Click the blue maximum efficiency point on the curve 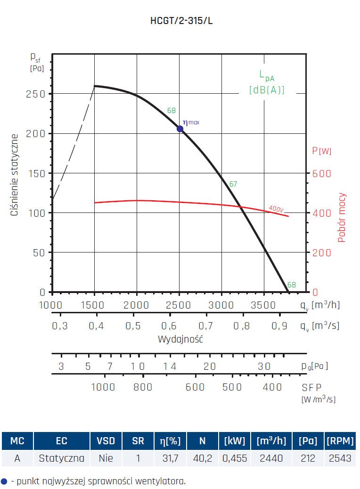click(x=180, y=129)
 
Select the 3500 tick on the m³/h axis click(x=263, y=305)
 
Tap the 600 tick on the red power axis click(x=322, y=173)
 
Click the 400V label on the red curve click(x=277, y=208)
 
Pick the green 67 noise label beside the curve click(x=233, y=184)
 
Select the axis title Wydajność click(x=180, y=339)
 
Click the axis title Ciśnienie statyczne click(x=15, y=175)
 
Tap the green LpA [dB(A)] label click(x=267, y=82)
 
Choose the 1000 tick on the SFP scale click(x=103, y=387)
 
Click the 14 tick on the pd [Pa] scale click(x=170, y=366)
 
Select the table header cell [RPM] click(x=340, y=441)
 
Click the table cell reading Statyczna click(x=61, y=458)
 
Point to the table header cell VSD click(x=106, y=441)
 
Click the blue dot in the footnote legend click(x=4, y=481)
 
